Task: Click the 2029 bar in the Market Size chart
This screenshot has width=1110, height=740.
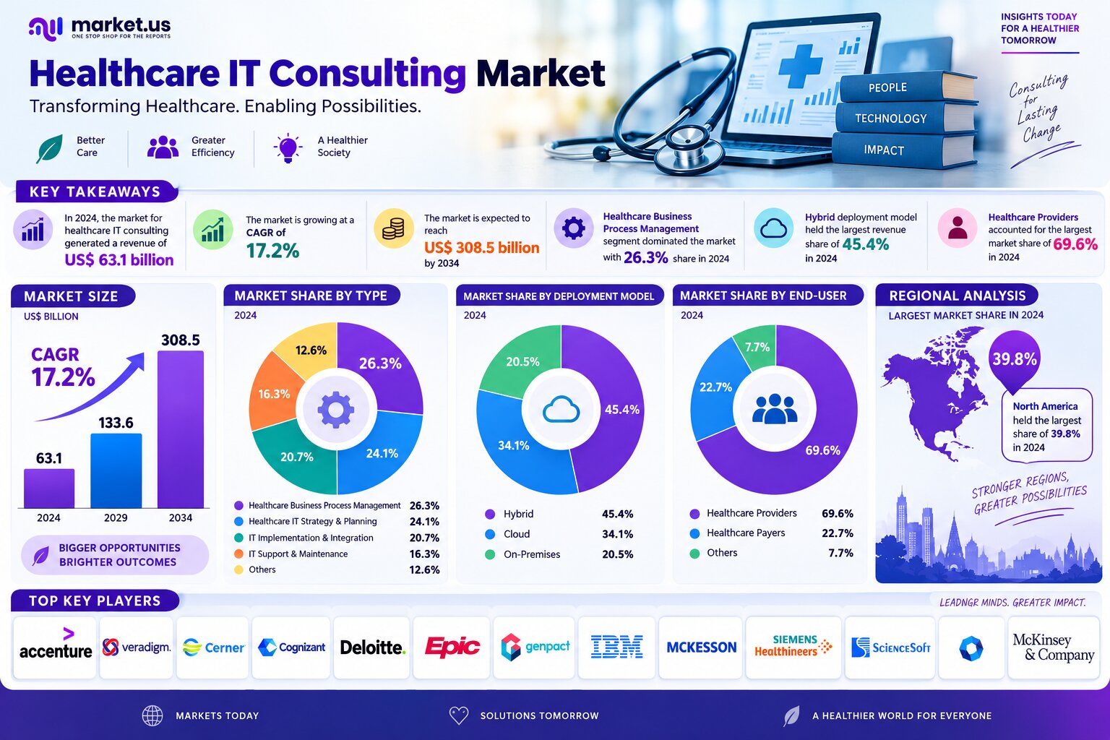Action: tap(116, 470)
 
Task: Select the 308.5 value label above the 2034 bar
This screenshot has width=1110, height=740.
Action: tap(181, 340)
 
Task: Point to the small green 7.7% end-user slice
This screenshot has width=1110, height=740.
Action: tap(756, 347)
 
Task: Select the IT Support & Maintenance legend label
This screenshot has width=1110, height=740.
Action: tap(298, 554)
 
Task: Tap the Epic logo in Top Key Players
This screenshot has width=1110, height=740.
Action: tap(452, 646)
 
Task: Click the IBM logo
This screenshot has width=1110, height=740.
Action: tap(616, 647)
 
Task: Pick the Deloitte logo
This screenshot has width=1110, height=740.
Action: tap(373, 647)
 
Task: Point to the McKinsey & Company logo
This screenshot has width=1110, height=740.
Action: tap(1053, 647)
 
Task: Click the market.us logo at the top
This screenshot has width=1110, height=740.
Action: tap(100, 28)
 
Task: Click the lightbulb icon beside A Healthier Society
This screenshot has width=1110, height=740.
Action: tap(288, 147)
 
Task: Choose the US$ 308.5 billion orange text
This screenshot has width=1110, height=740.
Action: tap(482, 247)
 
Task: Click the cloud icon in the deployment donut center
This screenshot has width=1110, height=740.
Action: tap(561, 410)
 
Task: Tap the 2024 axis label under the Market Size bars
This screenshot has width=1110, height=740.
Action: tap(48, 517)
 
